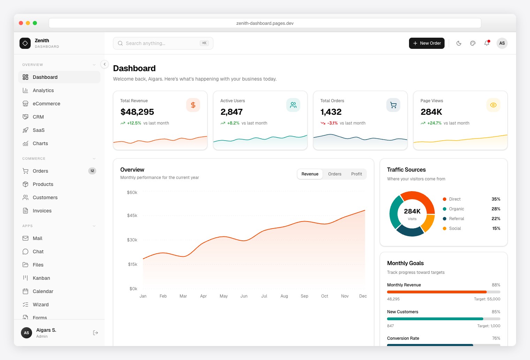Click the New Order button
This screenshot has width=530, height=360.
(426, 43)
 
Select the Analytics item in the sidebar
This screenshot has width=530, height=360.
(43, 90)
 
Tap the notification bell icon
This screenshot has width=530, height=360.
(486, 43)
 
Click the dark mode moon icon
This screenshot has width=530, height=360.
(459, 43)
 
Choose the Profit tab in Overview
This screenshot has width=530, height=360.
(356, 174)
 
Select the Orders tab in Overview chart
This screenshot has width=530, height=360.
(334, 174)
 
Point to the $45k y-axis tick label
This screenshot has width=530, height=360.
(132, 216)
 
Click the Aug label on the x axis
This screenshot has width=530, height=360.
(284, 296)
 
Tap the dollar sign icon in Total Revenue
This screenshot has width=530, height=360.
(193, 105)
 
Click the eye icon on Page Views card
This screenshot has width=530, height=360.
(493, 105)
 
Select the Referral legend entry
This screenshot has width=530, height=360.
(456, 219)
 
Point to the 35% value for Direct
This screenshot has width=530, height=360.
(496, 199)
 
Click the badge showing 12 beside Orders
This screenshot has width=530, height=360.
(92, 171)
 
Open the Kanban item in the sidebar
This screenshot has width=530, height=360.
(41, 278)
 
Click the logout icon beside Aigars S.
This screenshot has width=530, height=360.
(96, 333)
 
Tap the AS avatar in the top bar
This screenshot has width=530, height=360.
(502, 43)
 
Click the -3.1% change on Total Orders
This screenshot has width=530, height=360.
(332, 123)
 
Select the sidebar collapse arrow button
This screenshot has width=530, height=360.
(105, 64)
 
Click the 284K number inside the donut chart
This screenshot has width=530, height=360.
(412, 211)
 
